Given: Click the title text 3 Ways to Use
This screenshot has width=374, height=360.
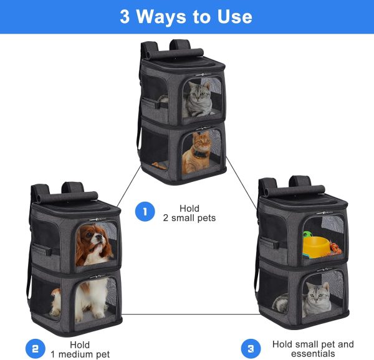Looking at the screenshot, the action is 186,16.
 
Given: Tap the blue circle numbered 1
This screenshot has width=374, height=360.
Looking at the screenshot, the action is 145,212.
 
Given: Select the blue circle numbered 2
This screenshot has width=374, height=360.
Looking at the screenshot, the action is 36,349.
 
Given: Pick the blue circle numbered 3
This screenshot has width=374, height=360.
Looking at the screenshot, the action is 251,349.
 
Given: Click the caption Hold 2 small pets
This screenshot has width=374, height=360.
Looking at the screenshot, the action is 189,213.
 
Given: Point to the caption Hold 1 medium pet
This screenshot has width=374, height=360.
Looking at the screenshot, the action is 80,349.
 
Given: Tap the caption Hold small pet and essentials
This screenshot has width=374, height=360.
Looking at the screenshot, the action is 313,349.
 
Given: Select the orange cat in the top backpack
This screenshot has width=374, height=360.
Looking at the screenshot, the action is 196,153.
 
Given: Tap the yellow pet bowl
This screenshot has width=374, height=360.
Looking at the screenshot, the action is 316,246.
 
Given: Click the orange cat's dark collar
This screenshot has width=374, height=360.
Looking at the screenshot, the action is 200,154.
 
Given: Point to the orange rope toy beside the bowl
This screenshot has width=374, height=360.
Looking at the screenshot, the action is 335,247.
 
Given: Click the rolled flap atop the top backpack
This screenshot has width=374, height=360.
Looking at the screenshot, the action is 175,54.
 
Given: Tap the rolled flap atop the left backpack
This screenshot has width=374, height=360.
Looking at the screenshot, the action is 67,196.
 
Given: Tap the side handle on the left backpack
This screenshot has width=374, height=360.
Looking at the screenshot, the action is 42,250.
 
